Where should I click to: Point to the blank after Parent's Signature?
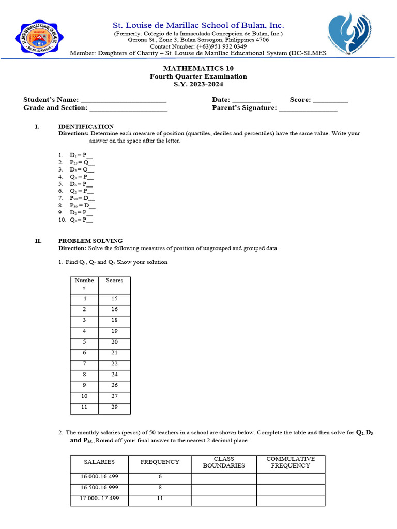308,108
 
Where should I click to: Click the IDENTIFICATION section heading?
86,126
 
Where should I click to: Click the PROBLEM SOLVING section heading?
90,240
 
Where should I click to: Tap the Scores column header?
114,281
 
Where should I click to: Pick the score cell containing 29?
114,408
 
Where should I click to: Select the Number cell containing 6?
84,352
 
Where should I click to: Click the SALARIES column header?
99,462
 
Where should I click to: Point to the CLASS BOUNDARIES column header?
224,462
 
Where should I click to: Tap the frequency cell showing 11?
160,499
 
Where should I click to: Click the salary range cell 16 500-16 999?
99,488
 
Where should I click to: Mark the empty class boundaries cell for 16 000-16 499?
224,478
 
